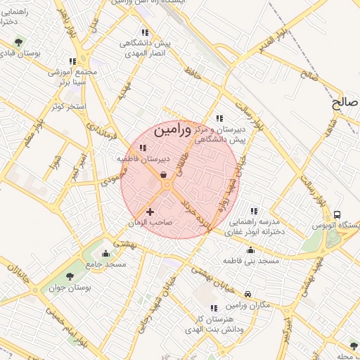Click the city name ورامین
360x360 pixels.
click(x=172, y=130)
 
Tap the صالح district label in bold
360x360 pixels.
click(x=345, y=102)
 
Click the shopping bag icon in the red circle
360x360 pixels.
click(x=164, y=175)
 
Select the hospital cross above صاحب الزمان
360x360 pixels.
click(x=150, y=211)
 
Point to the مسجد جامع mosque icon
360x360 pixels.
click(x=106, y=254)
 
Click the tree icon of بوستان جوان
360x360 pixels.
click(x=70, y=276)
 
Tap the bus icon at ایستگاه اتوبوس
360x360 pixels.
click(x=337, y=214)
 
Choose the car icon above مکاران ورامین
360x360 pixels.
click(x=248, y=294)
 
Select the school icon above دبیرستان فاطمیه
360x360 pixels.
click(x=143, y=148)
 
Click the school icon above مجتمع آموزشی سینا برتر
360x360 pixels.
click(x=72, y=60)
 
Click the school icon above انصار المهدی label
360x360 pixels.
click(x=145, y=32)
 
